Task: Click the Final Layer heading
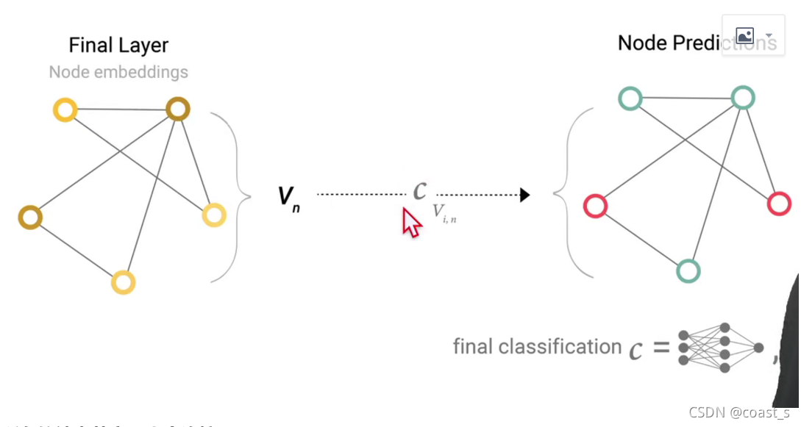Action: (118, 46)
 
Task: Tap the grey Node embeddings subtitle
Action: (118, 72)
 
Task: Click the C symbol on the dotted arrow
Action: (419, 191)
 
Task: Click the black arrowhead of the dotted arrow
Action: (524, 195)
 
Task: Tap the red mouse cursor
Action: (410, 222)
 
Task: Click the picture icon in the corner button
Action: (744, 35)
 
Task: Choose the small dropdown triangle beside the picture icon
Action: (769, 35)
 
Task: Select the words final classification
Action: (537, 346)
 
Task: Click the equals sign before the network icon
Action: (661, 348)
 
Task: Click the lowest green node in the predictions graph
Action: (688, 271)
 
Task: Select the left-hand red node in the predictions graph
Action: (595, 206)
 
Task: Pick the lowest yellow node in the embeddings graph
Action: (124, 282)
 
